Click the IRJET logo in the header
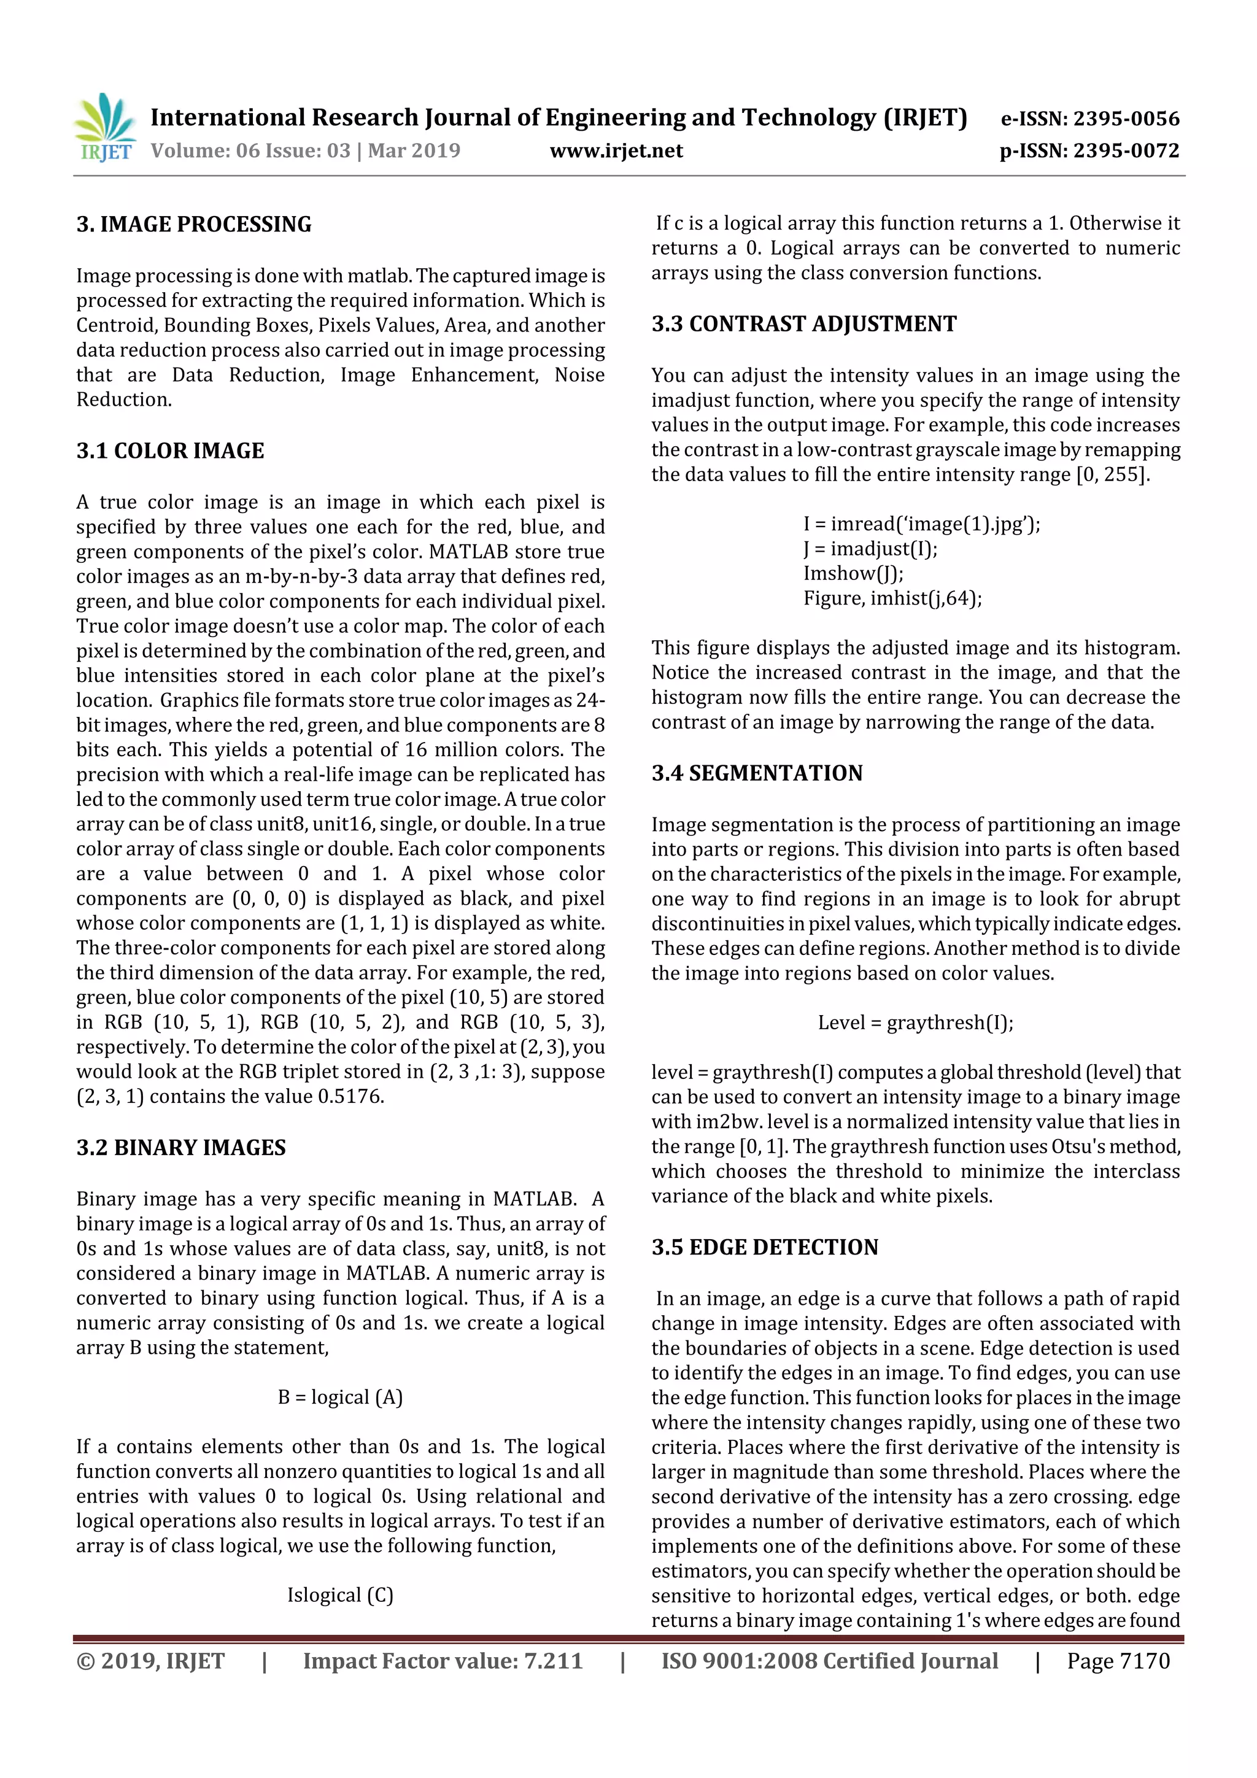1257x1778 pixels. pyautogui.click(x=106, y=128)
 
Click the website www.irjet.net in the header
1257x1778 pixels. pyautogui.click(x=616, y=150)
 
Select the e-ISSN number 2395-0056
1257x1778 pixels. pyautogui.click(x=1126, y=118)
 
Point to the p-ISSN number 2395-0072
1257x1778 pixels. pyautogui.click(x=1127, y=150)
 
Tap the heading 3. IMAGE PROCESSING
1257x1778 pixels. pyautogui.click(x=193, y=225)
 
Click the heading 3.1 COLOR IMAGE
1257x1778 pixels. pyautogui.click(x=171, y=450)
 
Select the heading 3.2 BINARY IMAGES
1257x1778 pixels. pyautogui.click(x=180, y=1148)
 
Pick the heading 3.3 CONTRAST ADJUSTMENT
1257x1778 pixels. pyautogui.click(x=803, y=323)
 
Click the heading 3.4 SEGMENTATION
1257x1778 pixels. pyautogui.click(x=757, y=773)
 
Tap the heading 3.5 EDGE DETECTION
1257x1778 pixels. pyautogui.click(x=764, y=1247)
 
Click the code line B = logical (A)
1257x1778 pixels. pyautogui.click(x=340, y=1397)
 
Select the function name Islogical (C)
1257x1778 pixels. pyautogui.click(x=340, y=1595)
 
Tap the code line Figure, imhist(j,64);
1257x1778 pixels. pyautogui.click(x=892, y=598)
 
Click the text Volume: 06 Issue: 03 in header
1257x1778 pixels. pyautogui.click(x=250, y=150)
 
